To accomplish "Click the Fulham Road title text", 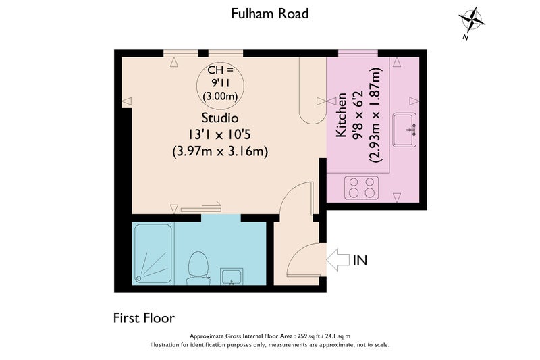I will pyautogui.click(x=270, y=13).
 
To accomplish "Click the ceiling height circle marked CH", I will pyautogui.click(x=222, y=84).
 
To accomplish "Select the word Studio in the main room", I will pyautogui.click(x=220, y=119).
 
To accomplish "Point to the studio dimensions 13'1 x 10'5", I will pyautogui.click(x=220, y=135).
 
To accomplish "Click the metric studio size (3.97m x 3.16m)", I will pyautogui.click(x=220, y=152).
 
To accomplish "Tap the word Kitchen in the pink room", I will pyautogui.click(x=342, y=115).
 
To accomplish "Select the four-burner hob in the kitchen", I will pyautogui.click(x=360, y=188).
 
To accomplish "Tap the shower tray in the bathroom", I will pyautogui.click(x=154, y=254).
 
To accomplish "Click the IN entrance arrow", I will pyautogui.click(x=338, y=259).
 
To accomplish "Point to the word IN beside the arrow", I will pyautogui.click(x=360, y=260).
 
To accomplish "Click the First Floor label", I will pyautogui.click(x=143, y=317).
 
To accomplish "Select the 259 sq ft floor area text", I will pyautogui.click(x=270, y=336).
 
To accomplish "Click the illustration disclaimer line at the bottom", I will pyautogui.click(x=270, y=345).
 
